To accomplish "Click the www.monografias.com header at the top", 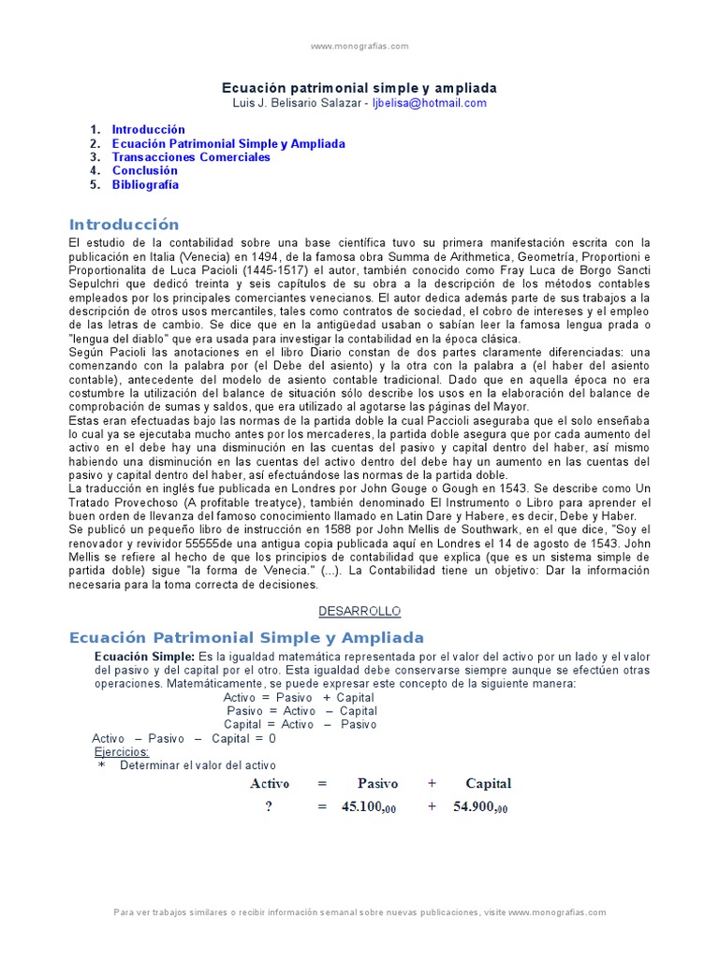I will tap(359, 46).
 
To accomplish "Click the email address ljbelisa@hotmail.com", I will tap(429, 103).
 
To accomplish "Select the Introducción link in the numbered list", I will tap(148, 129).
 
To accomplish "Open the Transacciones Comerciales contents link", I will tap(191, 157).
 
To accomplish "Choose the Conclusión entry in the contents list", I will tap(144, 171).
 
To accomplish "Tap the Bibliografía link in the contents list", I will tap(145, 184).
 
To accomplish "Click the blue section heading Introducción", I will tap(124, 225).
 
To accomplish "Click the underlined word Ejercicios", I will tap(122, 751).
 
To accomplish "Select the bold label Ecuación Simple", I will tap(144, 657).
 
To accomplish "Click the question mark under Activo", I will tap(268, 807).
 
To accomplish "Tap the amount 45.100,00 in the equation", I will tap(368, 807).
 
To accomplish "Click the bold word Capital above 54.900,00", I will tap(488, 783).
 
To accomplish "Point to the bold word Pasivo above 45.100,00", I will tap(377, 783).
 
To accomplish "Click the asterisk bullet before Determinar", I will tap(102, 765).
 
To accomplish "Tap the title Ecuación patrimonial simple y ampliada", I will tap(359, 86).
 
